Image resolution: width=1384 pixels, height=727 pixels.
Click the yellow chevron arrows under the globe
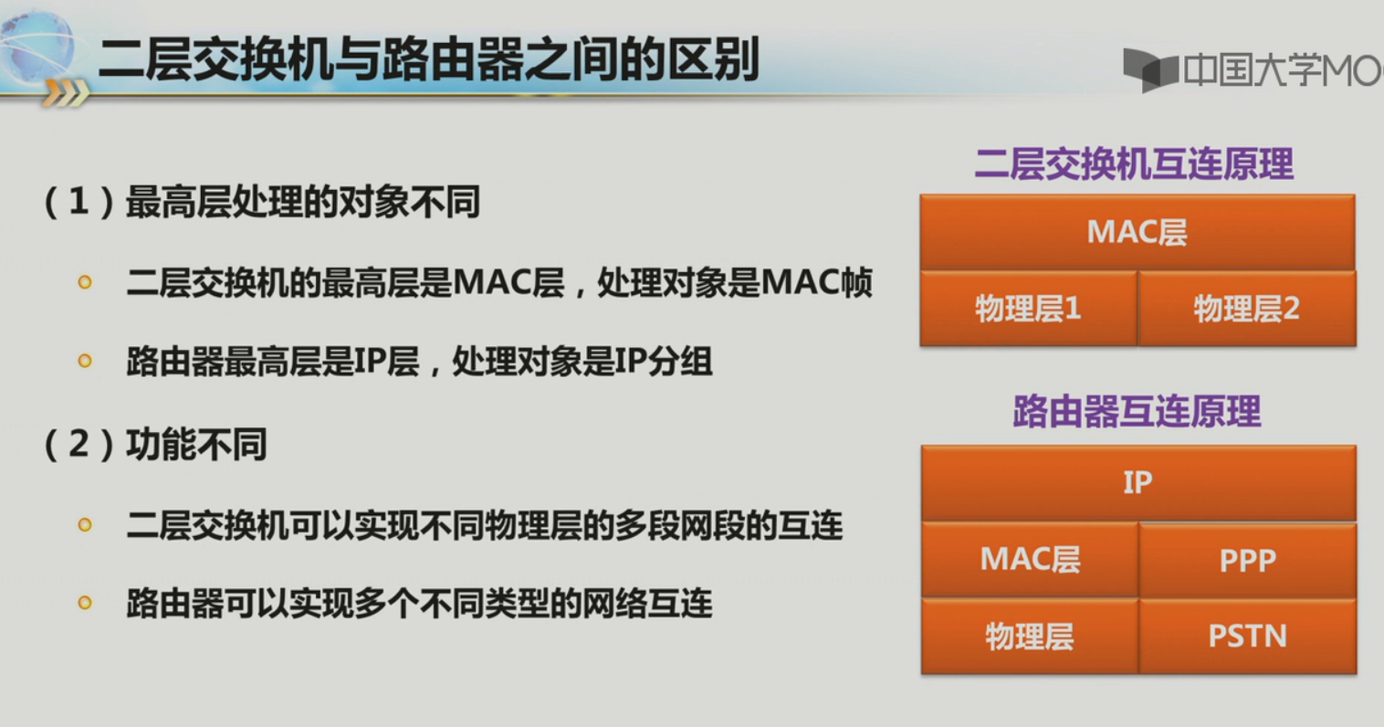66,93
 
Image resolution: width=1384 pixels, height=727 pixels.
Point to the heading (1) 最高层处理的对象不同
262,202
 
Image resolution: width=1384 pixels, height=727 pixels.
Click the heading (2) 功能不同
155,444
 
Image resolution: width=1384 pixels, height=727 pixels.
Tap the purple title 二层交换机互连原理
1134,163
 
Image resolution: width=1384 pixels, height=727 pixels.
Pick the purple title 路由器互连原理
1137,411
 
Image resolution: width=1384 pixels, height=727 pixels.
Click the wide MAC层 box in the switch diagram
1138,232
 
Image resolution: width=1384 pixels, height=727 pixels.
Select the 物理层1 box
1028,308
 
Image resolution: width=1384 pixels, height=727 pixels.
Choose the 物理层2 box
1247,308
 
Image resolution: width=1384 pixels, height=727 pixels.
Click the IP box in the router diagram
1138,482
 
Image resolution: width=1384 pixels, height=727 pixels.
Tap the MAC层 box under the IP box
1030,560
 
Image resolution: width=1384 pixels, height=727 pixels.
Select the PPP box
1247,560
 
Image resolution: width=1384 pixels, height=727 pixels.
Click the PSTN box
1247,636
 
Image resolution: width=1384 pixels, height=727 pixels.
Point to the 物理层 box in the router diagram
1030,636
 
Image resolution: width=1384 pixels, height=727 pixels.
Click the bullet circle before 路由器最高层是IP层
85,361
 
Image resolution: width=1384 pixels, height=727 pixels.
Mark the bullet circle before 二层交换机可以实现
85,525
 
